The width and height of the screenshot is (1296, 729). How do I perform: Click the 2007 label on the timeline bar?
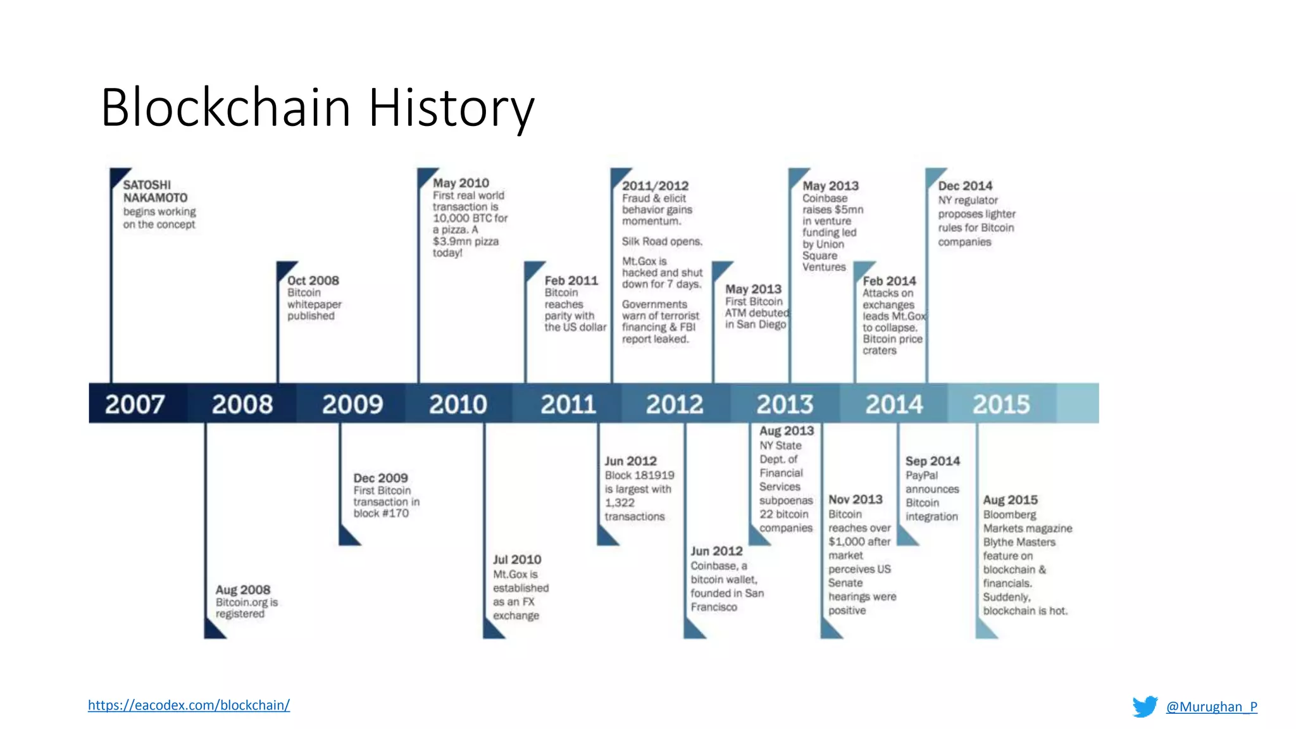[135, 404]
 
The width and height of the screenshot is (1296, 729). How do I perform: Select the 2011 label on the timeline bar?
[568, 404]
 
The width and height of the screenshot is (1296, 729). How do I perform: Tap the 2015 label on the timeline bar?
[1001, 404]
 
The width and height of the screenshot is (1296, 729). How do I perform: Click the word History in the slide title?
[451, 108]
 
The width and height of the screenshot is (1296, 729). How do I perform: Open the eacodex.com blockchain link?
[189, 705]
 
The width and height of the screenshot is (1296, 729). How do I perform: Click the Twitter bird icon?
[1145, 706]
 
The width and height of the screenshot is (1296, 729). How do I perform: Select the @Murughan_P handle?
[1211, 706]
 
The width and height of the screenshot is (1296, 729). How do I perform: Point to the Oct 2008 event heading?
[313, 280]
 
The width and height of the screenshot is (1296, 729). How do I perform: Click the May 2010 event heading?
[461, 183]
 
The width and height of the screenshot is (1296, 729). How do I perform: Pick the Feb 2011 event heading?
[571, 280]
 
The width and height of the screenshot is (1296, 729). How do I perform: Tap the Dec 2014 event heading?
[965, 186]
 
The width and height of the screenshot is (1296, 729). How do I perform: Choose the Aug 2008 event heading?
[243, 590]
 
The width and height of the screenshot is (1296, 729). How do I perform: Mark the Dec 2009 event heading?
[380, 478]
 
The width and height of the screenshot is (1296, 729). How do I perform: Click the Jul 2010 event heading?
[517, 559]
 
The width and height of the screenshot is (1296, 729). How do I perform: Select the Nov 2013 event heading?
[856, 499]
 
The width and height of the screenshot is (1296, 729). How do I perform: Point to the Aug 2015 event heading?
[1010, 500]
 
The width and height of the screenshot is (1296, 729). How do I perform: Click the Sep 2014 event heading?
[932, 461]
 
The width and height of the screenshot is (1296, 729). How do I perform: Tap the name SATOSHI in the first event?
[147, 185]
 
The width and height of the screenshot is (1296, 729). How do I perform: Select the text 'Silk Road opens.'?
[662, 241]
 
